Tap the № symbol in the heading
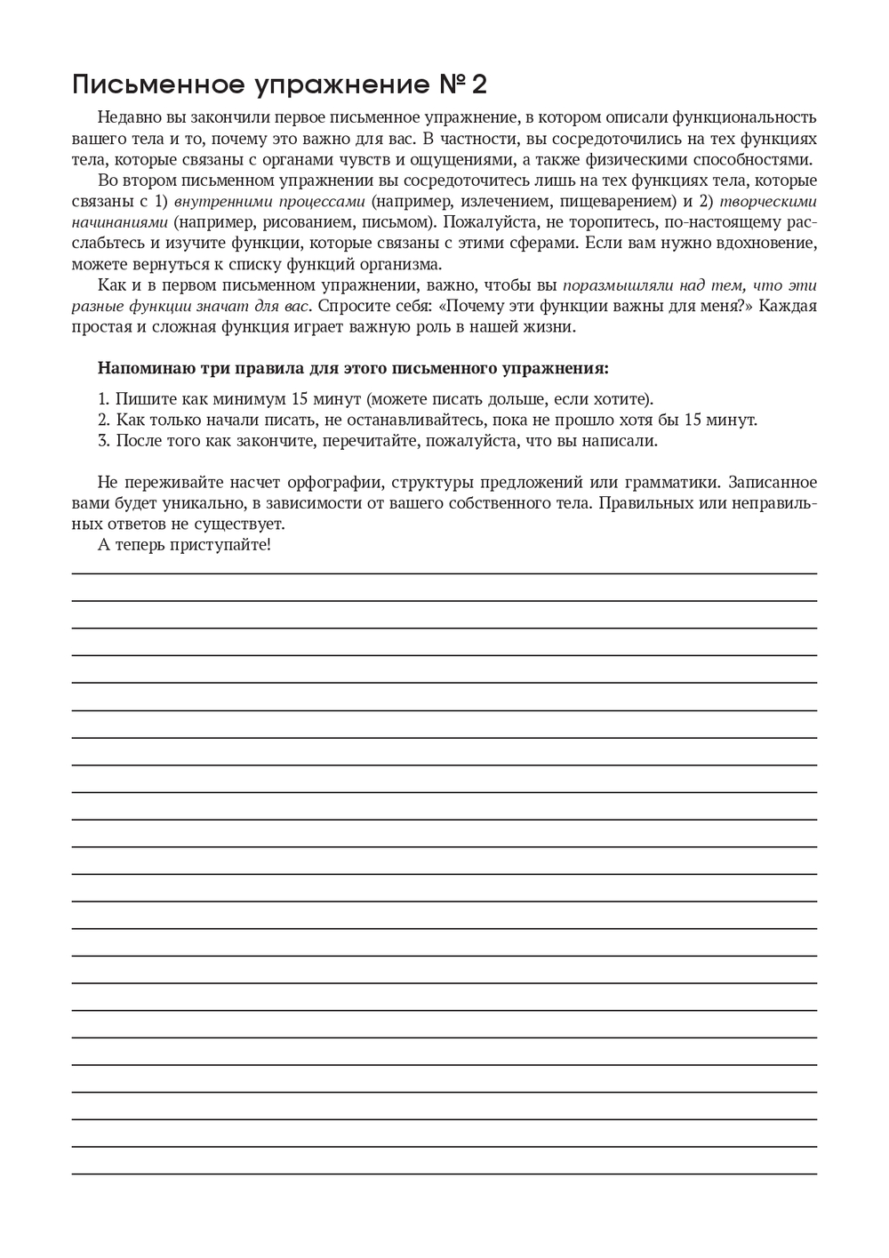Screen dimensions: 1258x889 pyautogui.click(x=450, y=85)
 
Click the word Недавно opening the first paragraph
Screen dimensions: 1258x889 pyautogui.click(x=124, y=117)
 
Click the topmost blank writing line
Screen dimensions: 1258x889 pyautogui.click(x=444, y=573)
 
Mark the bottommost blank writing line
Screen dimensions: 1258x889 pyautogui.click(x=444, y=1174)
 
